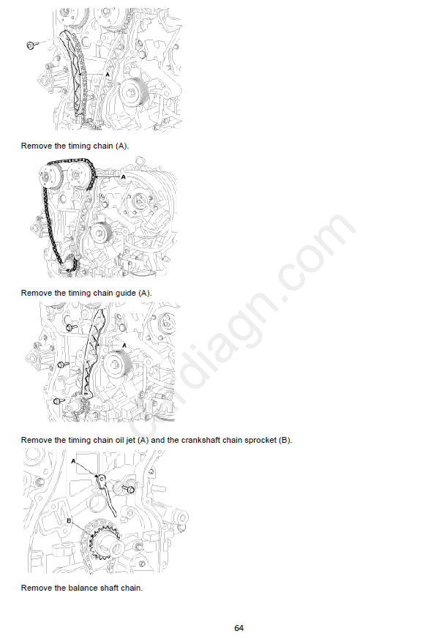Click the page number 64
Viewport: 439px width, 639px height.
(x=239, y=628)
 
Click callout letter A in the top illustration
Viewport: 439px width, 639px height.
(x=108, y=75)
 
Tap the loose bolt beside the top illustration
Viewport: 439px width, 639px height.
(x=31, y=45)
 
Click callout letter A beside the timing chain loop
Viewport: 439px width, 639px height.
(x=124, y=177)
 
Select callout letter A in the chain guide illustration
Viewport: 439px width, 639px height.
(x=124, y=345)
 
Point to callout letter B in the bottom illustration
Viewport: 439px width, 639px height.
(x=69, y=521)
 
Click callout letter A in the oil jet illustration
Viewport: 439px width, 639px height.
(x=73, y=461)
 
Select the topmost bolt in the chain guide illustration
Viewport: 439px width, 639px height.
(x=72, y=326)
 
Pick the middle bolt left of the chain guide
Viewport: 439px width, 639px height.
(x=63, y=364)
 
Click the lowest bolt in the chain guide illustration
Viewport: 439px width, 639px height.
(x=59, y=401)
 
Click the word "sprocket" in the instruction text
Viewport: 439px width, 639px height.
(x=260, y=440)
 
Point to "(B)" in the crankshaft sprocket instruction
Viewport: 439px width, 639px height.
(x=285, y=440)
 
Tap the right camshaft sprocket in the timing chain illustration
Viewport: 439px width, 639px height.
(x=79, y=175)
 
